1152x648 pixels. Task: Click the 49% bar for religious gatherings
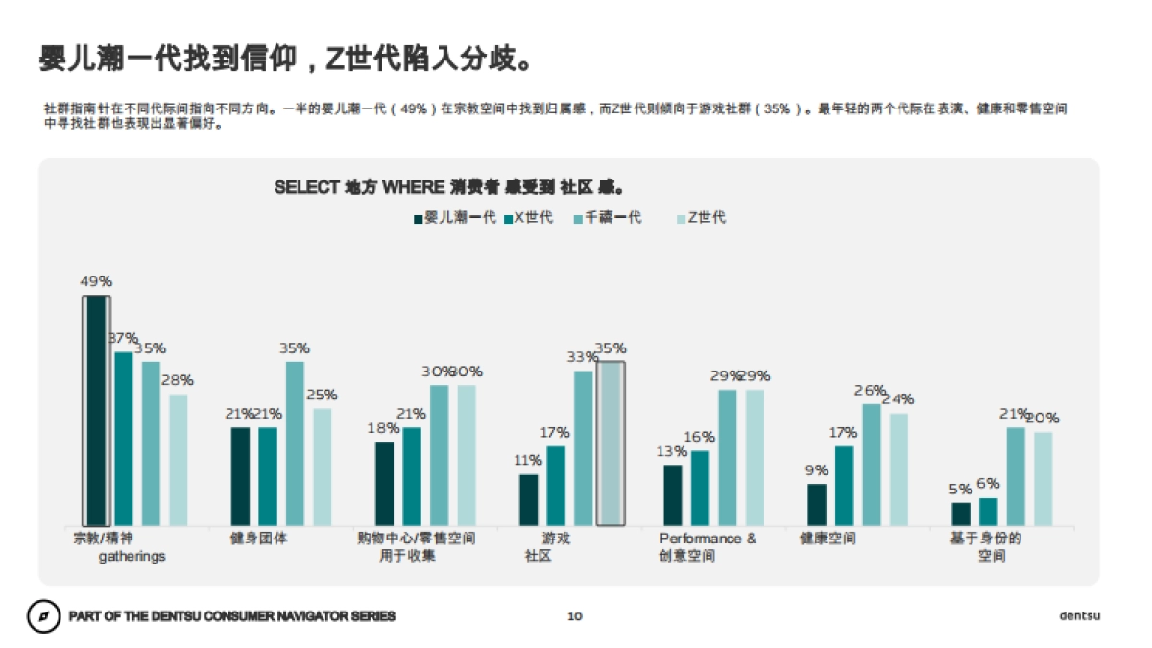click(x=96, y=411)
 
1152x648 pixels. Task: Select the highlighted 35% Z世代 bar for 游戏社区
click(x=611, y=444)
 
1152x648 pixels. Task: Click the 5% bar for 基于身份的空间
click(x=961, y=515)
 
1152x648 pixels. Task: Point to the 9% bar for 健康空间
click(x=817, y=505)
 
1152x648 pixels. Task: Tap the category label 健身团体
click(x=258, y=539)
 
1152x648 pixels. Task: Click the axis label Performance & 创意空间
click(x=708, y=547)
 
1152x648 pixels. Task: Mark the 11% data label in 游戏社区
click(x=528, y=460)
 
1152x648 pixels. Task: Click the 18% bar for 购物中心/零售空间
click(x=385, y=484)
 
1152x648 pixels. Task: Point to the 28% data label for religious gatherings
click(x=178, y=380)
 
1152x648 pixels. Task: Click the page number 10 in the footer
click(x=575, y=616)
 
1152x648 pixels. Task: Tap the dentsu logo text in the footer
click(x=1079, y=615)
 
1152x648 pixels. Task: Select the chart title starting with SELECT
click(x=451, y=186)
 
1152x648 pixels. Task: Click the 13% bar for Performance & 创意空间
click(x=673, y=495)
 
